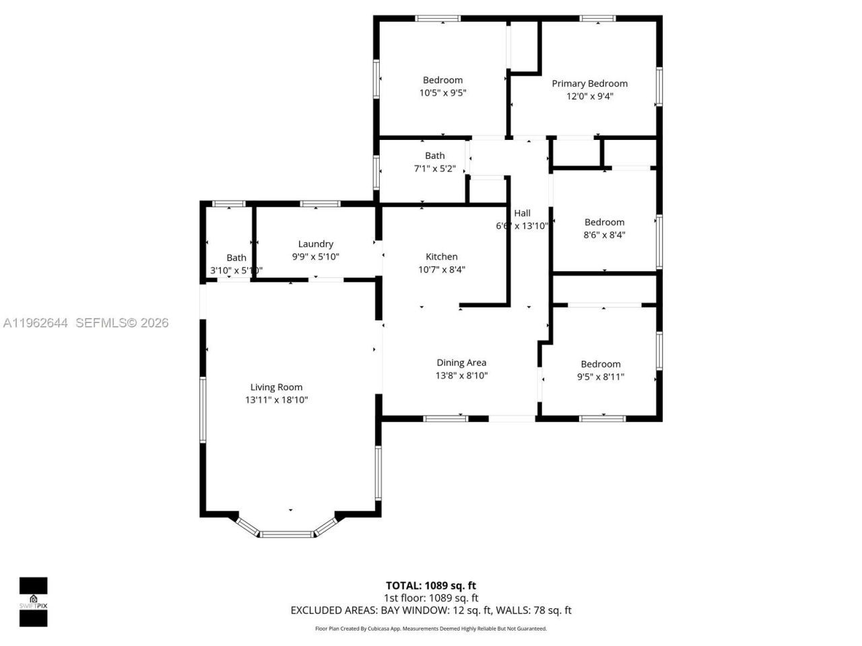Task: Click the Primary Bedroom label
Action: (x=589, y=83)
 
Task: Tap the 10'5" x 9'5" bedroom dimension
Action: (x=442, y=93)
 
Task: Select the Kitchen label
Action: (x=442, y=256)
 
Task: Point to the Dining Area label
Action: (x=461, y=363)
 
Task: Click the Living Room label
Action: (x=276, y=387)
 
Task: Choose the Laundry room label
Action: (x=315, y=244)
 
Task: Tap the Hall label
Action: (x=522, y=213)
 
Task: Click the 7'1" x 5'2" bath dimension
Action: (x=434, y=168)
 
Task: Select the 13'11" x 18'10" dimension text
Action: (x=276, y=400)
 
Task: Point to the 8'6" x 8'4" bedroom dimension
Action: (x=604, y=235)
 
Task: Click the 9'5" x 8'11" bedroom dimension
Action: (x=600, y=377)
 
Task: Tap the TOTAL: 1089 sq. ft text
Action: (x=430, y=585)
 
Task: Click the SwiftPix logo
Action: (x=33, y=601)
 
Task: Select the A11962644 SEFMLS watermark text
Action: (x=86, y=323)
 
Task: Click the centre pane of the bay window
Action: (x=287, y=534)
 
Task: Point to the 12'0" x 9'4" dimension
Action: (x=589, y=96)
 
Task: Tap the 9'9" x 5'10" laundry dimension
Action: (x=315, y=256)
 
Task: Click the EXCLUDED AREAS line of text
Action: (x=430, y=610)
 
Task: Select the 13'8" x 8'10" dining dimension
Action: (x=461, y=375)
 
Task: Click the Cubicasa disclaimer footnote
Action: (x=431, y=629)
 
